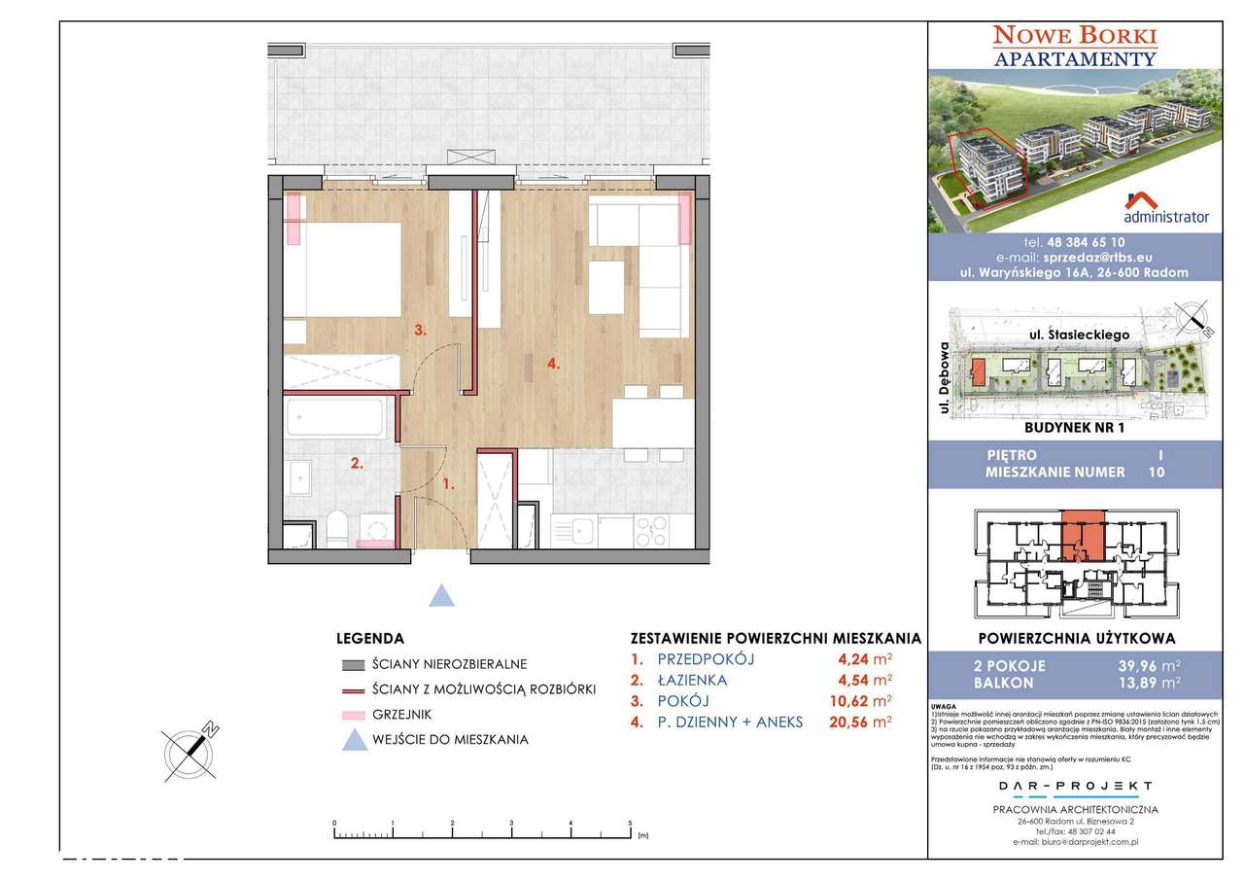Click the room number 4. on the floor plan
(552, 365)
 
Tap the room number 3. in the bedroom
(420, 330)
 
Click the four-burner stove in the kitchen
(649, 530)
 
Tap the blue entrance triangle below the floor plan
(442, 595)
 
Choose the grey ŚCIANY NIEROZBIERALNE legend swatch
(353, 665)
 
